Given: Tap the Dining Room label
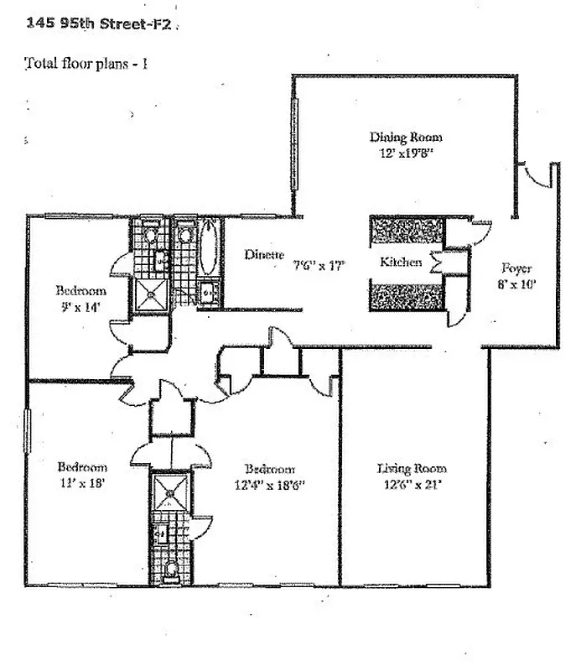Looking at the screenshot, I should click(x=406, y=137).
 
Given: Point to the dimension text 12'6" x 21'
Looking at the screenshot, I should click(x=412, y=484).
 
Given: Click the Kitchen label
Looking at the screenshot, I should click(x=401, y=263).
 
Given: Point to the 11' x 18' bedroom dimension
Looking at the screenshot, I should click(x=81, y=482).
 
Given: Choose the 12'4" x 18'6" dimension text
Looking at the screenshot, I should click(x=270, y=484).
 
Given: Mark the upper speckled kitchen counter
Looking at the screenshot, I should click(x=407, y=231).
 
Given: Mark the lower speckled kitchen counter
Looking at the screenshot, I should click(x=407, y=297).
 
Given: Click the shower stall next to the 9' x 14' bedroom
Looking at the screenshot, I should click(x=152, y=293).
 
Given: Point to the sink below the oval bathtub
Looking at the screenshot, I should click(x=206, y=293).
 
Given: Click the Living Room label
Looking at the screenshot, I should click(x=412, y=469).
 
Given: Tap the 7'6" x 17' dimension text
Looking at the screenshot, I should click(x=319, y=265).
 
